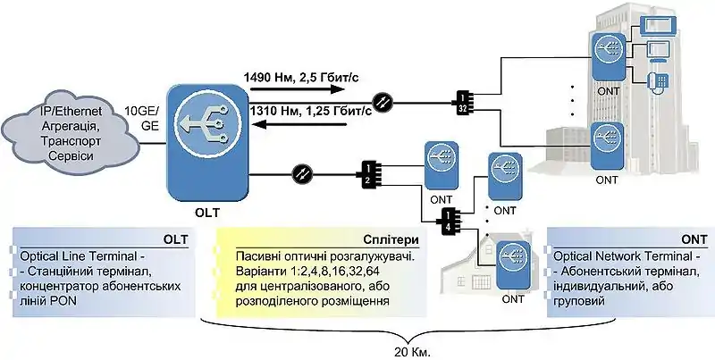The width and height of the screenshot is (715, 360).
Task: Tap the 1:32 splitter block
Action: pos(463,103)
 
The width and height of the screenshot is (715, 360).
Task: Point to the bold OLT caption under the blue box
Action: pos(206,213)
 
